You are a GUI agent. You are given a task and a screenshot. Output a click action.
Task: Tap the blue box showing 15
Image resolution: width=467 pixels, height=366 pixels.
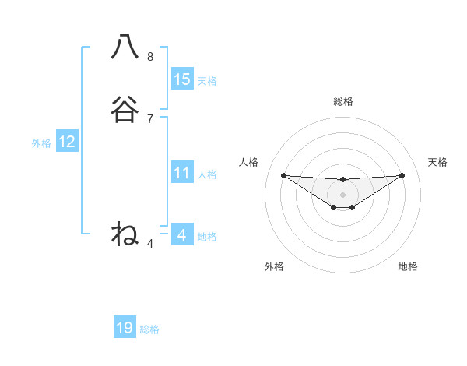click(182, 79)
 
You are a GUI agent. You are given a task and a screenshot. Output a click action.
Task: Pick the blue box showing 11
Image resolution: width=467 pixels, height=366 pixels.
click(182, 173)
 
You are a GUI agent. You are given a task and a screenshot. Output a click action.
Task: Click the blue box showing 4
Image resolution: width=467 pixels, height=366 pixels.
click(182, 234)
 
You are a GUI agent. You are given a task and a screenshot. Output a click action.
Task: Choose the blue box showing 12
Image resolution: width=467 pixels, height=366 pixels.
click(67, 142)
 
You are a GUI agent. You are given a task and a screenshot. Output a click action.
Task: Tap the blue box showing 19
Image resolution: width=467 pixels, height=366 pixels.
click(125, 328)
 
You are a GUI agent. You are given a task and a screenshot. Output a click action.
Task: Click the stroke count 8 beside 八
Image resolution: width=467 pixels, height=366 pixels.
click(150, 57)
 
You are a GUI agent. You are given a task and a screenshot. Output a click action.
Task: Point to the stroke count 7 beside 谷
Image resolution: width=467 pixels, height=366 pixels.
click(150, 119)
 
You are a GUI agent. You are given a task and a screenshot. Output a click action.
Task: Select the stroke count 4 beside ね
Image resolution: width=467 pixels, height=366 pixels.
click(150, 244)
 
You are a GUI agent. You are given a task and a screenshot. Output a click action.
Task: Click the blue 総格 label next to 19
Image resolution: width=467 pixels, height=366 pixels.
click(149, 329)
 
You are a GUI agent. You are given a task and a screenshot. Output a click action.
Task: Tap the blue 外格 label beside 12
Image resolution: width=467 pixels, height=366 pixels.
click(41, 143)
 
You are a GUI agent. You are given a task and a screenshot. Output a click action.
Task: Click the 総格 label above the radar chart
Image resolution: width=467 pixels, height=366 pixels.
click(343, 101)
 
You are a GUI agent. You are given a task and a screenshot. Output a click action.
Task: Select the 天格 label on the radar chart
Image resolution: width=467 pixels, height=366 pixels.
click(438, 162)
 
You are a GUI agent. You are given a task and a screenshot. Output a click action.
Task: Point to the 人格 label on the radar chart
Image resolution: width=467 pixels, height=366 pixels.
click(249, 162)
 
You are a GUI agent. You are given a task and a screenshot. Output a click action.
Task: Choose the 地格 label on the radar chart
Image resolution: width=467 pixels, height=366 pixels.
click(408, 266)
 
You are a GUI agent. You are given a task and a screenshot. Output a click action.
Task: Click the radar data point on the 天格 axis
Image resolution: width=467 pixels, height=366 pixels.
click(402, 175)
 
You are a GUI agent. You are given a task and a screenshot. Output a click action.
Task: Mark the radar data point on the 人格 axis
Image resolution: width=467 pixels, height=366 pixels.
click(283, 175)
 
